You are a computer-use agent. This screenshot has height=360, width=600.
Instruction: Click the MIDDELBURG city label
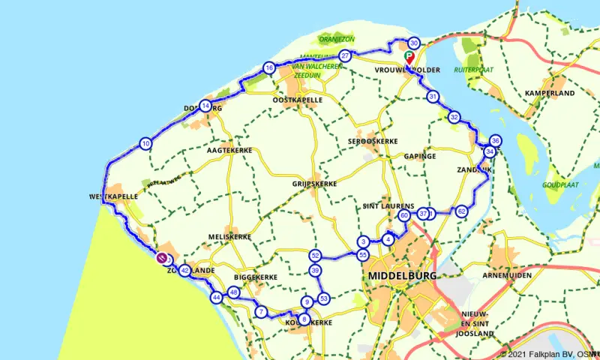[x=402, y=276]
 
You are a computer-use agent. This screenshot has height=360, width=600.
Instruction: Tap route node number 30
[x=414, y=43]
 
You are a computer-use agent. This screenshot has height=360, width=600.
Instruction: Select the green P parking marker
[x=409, y=55]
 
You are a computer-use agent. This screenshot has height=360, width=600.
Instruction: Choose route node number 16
[x=268, y=69]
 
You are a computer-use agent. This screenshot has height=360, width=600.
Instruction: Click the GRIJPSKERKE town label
[x=314, y=183]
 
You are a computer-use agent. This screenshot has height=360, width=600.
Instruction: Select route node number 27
[x=345, y=56]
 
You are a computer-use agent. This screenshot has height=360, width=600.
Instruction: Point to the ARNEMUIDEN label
[x=508, y=276]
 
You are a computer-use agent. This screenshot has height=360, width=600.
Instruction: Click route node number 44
[x=216, y=298]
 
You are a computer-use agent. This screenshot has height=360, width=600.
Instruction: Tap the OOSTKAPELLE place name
[x=298, y=100]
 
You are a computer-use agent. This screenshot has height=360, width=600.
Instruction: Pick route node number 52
[x=315, y=256]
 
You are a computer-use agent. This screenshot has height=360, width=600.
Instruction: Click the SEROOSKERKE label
[x=371, y=142]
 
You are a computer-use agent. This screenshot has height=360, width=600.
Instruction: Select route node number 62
[x=462, y=211]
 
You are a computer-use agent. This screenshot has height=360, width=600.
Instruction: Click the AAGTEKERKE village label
[x=229, y=151]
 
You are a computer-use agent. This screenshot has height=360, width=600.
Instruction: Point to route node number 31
[x=433, y=97]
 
